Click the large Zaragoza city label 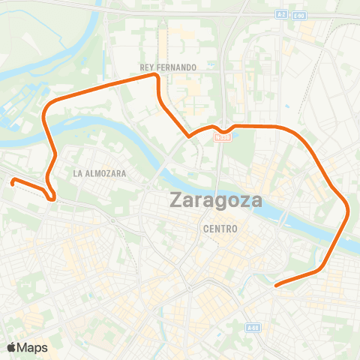click(x=216, y=201)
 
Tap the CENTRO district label click(x=220, y=229)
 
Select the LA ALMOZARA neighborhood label click(x=100, y=173)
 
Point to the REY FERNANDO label click(x=168, y=67)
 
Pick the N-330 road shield click(x=221, y=136)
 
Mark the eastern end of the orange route click(x=277, y=285)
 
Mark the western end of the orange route click(x=13, y=180)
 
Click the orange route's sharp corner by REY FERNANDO click(x=157, y=76)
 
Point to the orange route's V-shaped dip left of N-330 click(x=187, y=136)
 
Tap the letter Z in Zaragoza click(x=177, y=201)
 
